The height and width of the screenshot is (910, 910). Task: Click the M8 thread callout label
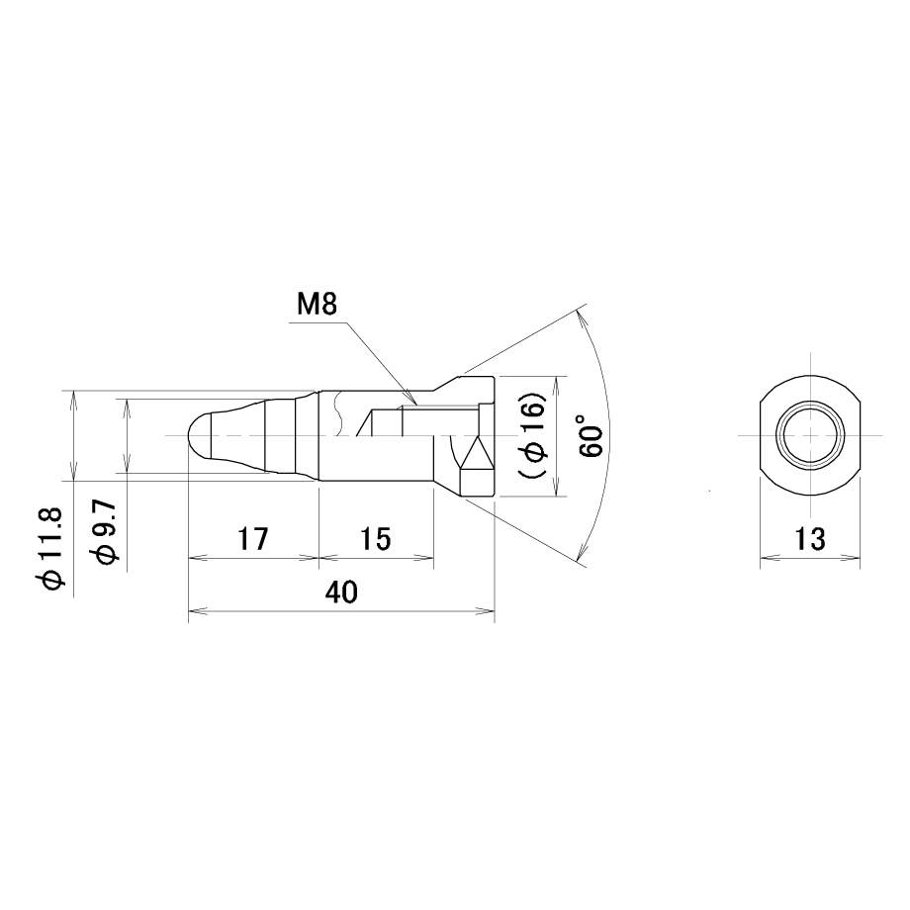pos(317,304)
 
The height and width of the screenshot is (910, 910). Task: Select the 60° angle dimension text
pos(591,435)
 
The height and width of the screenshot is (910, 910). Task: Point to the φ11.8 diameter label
pos(51,548)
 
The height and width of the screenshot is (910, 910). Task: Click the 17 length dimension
pos(253,539)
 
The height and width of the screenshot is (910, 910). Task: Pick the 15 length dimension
pos(376,539)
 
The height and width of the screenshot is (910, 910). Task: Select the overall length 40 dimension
pos(341,591)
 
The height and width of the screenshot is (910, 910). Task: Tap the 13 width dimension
pos(809,539)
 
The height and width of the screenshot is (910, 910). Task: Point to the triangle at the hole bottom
pos(477,453)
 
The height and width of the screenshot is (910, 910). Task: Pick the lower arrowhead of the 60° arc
pos(581,552)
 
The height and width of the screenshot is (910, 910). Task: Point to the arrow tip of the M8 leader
pos(415,403)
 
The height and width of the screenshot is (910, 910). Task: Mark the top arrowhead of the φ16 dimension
pos(558,385)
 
